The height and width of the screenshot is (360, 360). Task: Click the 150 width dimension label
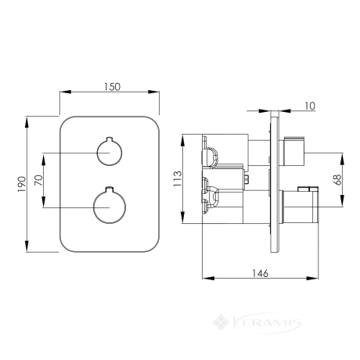pos(113,87)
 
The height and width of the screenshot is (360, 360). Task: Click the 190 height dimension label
pos(22,185)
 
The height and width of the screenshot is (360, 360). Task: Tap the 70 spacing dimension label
pos(38,180)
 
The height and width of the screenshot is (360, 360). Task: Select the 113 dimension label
pos(178,178)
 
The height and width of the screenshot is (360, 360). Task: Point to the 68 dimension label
pos(337,180)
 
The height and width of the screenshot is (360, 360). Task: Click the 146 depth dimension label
pos(260,273)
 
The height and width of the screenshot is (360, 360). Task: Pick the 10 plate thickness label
pos(310,106)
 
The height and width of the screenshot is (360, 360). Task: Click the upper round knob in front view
pos(110,152)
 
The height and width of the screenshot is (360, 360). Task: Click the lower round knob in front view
pos(110,207)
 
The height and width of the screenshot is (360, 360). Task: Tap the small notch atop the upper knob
pos(110,139)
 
